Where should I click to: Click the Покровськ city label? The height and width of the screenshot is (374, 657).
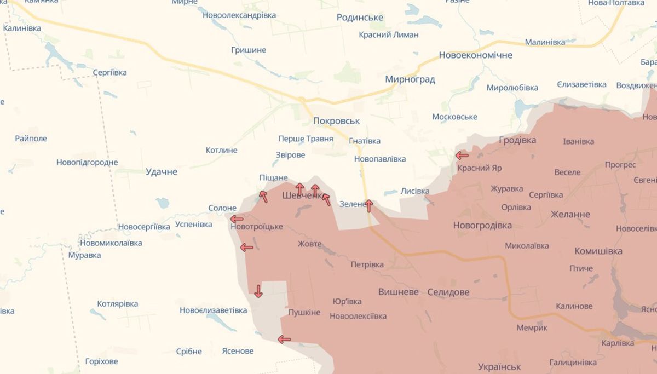[337, 120]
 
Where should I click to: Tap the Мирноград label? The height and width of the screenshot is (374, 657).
[410, 79]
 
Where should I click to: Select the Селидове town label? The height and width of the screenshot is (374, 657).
[448, 292]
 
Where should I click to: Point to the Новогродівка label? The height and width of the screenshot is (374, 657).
[482, 225]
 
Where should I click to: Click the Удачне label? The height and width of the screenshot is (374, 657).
[162, 172]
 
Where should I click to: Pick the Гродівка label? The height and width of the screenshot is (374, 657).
[517, 140]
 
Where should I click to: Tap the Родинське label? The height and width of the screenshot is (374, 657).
[360, 18]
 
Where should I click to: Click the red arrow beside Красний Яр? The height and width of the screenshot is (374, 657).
[462, 156]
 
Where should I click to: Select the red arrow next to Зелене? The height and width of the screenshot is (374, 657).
[369, 205]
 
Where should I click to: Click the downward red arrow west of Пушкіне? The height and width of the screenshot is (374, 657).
[258, 291]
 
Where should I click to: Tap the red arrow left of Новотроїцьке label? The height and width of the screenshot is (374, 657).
[237, 220]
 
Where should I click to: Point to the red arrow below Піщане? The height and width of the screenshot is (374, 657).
[263, 196]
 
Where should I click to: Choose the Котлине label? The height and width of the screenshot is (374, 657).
[221, 150]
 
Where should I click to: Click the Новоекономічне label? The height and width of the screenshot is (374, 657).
[475, 55]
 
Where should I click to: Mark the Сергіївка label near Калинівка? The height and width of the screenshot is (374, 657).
[109, 72]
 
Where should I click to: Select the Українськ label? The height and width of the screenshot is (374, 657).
[499, 366]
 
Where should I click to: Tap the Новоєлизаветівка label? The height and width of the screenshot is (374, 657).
[214, 310]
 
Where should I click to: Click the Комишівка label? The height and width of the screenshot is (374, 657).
[598, 251]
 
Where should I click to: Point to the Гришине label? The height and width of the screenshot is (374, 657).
[248, 50]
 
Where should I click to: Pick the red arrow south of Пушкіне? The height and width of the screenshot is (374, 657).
[284, 340]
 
